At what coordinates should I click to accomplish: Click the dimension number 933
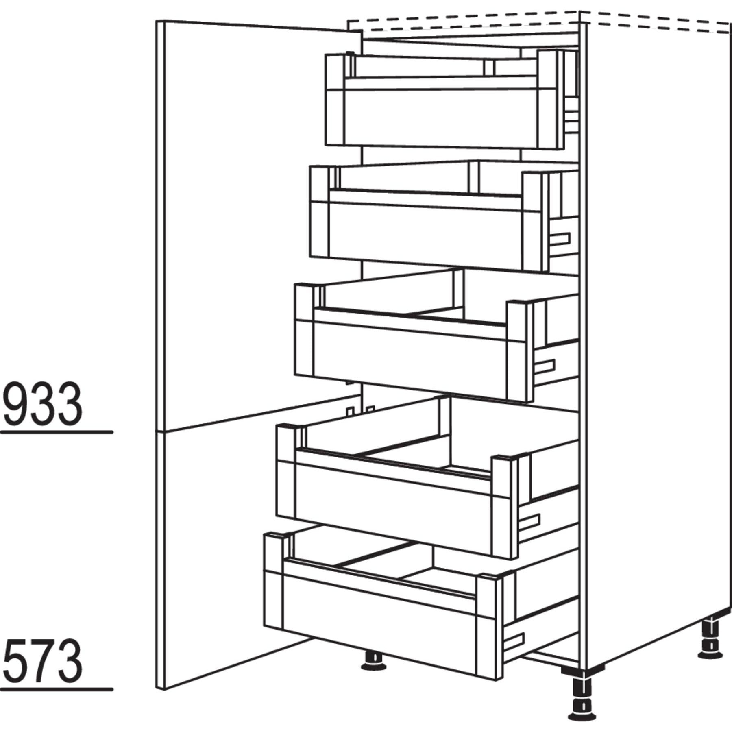(x=41, y=404)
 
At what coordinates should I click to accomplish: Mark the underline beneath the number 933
(x=56, y=432)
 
